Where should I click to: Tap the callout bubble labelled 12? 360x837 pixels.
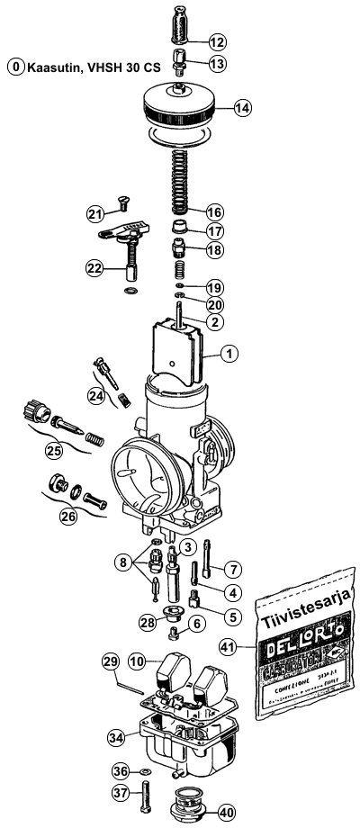click(x=217, y=42)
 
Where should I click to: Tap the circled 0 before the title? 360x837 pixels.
click(x=15, y=67)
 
